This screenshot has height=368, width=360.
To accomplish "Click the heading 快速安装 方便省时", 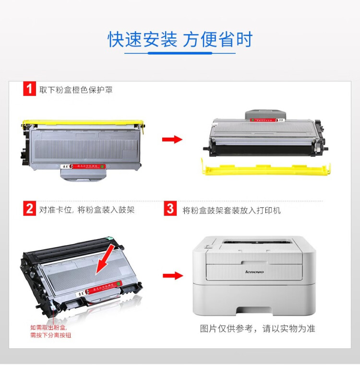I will click(180, 40).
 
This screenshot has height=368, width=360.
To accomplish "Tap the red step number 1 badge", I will click(29, 89).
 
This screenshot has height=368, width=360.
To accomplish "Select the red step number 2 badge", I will click(29, 209).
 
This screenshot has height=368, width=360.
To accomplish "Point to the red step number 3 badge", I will click(170, 209).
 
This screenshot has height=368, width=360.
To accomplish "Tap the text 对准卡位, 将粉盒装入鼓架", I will click(87, 210).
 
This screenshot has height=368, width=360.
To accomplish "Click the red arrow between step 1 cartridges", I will click(172, 140).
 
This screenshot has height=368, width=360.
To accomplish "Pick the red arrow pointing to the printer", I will click(172, 276).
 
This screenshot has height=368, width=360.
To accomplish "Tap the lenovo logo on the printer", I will click(254, 272).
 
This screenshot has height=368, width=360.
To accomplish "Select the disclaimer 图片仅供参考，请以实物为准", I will click(257, 329).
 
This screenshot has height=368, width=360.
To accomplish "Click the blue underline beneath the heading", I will click(180, 53).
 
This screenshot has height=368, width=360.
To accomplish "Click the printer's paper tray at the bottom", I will click(254, 302).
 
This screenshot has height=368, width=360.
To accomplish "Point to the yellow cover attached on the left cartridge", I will click(84, 123).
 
